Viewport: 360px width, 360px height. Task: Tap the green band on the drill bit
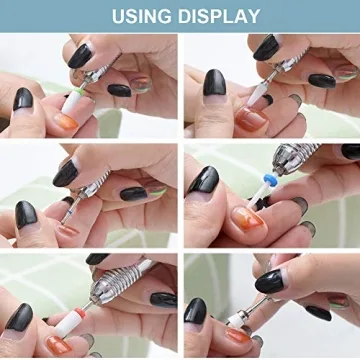point(78,91)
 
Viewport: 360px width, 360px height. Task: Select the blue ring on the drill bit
point(271,180)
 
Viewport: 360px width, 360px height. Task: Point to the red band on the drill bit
point(80,312)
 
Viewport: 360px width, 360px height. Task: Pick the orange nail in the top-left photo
point(66,122)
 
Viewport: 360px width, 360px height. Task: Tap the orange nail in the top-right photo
point(252,119)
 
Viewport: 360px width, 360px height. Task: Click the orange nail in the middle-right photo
point(248,220)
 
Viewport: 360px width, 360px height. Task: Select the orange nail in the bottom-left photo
point(59,345)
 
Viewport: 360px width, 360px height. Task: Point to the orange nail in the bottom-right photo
point(238,335)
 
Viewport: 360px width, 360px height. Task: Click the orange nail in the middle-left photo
point(68,230)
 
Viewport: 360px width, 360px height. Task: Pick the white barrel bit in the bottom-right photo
point(236,320)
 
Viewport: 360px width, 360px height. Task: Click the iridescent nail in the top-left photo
point(141,85)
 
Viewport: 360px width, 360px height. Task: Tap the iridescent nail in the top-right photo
point(345,72)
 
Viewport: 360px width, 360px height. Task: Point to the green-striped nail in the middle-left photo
point(156,189)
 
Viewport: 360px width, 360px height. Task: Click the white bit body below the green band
point(71,103)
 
